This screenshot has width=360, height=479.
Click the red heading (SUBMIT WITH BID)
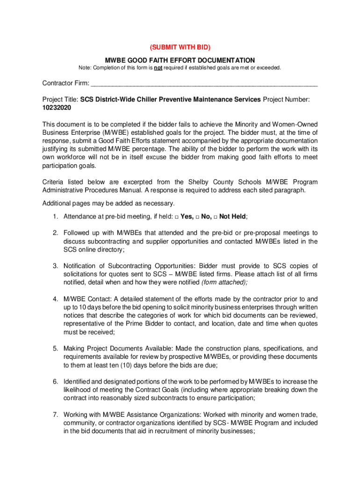(x=180, y=47)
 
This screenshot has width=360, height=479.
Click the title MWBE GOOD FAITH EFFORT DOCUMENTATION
(x=180, y=60)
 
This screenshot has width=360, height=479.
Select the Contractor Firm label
(x=65, y=84)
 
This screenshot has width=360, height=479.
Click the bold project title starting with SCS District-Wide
(x=171, y=100)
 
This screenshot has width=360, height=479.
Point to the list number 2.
(x=55, y=233)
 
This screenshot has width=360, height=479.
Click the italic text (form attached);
(x=224, y=283)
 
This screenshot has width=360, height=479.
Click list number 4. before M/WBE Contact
(x=55, y=299)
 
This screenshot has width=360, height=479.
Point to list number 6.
(x=55, y=382)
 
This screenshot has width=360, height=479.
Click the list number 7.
(x=55, y=415)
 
